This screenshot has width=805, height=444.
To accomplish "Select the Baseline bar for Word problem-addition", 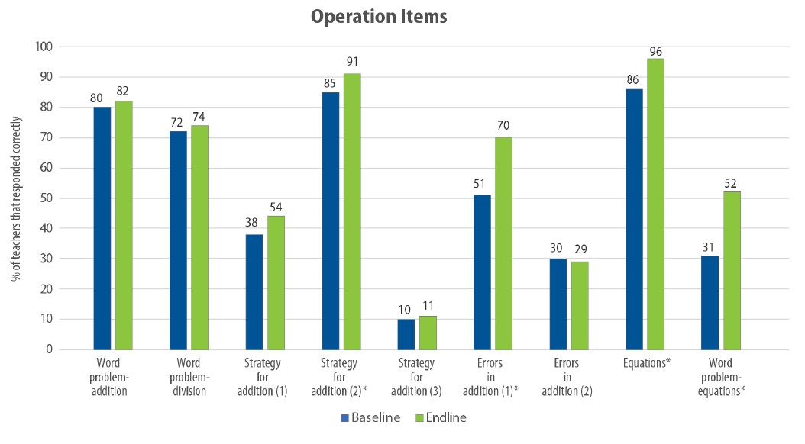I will (x=102, y=228).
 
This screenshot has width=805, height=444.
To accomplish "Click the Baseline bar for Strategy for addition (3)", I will (x=406, y=334).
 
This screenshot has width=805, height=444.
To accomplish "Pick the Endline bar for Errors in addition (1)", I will (x=503, y=243).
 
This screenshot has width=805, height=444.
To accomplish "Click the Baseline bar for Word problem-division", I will (x=178, y=240).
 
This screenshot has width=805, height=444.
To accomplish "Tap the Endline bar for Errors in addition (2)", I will (x=579, y=305).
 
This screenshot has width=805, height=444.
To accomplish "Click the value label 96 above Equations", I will (x=655, y=50).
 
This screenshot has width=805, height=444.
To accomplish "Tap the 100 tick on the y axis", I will (x=43, y=47).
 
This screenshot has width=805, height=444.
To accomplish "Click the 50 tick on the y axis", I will (x=45, y=198).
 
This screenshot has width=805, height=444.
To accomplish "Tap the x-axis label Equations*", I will (x=646, y=364).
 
